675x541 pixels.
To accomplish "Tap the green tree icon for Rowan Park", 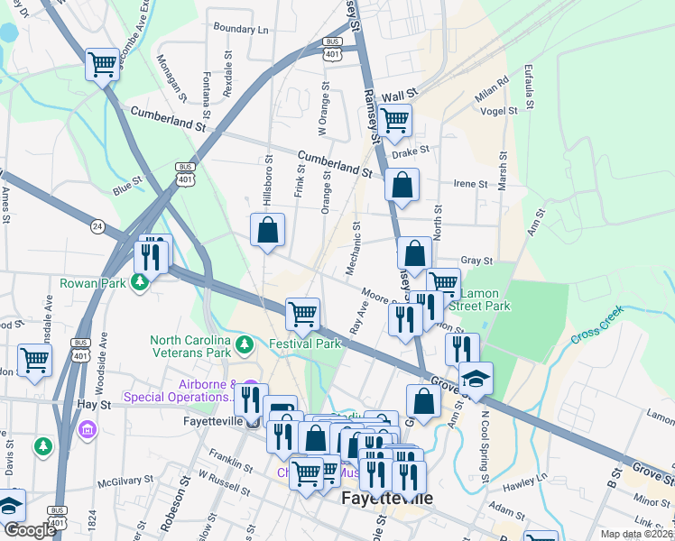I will [x=139, y=283].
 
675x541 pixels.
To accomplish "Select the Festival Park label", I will [x=305, y=344].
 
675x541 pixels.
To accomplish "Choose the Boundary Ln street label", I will [x=241, y=30].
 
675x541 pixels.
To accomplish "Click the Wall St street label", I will [x=399, y=93].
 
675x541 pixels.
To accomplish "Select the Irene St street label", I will [x=470, y=183].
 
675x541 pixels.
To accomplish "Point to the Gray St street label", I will [x=476, y=261].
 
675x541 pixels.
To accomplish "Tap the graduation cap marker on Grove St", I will [x=476, y=379].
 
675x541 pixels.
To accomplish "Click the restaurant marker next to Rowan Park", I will [x=151, y=257].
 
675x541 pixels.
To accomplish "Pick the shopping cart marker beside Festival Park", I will [x=302, y=315].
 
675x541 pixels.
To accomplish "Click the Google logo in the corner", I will [x=29, y=530].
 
